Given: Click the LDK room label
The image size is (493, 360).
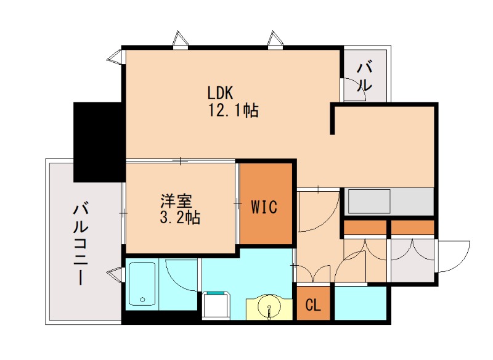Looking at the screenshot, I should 219,93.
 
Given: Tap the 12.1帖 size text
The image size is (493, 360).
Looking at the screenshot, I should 233,111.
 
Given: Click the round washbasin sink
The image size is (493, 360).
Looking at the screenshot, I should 269,306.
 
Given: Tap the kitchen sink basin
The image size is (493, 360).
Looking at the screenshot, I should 369,202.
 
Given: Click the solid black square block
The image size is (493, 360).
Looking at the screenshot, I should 99,142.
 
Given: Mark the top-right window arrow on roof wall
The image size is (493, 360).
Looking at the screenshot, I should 274,39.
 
